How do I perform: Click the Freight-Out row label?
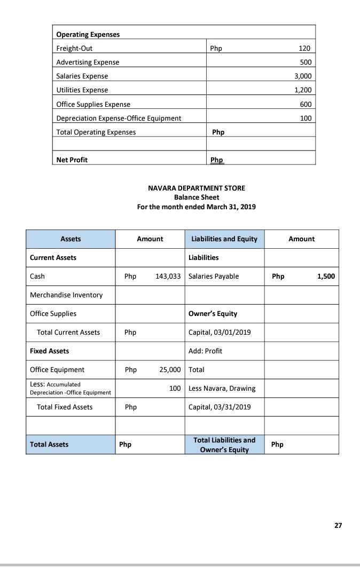74,49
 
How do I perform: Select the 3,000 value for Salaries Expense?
302,76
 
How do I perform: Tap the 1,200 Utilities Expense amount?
302,90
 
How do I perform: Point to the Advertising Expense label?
88,62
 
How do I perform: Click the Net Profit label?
72,160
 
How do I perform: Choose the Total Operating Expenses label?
96,132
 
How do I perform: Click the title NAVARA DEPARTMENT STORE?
197,188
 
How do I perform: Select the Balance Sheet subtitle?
197,197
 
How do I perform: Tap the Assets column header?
71,239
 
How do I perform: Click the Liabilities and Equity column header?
224,239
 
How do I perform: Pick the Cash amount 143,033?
168,276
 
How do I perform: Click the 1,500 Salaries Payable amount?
326,276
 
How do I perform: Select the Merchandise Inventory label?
66,295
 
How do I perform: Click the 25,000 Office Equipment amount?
170,370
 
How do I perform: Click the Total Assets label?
49,445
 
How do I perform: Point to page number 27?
338,526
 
